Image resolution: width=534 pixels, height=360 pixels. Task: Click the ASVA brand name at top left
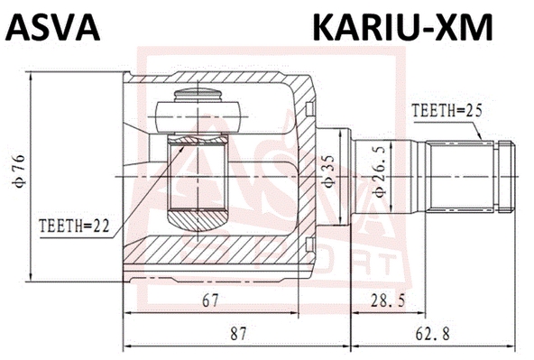[x=52, y=27]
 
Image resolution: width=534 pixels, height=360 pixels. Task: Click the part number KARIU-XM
[x=403, y=27]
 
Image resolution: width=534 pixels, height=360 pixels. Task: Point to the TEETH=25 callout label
[x=447, y=111]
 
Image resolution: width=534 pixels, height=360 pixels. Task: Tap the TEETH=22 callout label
[x=74, y=226]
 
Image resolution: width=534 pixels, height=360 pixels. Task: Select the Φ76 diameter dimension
[x=18, y=171]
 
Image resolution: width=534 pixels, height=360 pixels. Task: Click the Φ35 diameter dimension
[x=328, y=171]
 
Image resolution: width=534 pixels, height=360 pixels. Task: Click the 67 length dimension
[x=210, y=300]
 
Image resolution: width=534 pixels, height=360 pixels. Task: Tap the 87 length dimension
[x=238, y=334]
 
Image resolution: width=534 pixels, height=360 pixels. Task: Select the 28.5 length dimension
[x=388, y=300]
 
